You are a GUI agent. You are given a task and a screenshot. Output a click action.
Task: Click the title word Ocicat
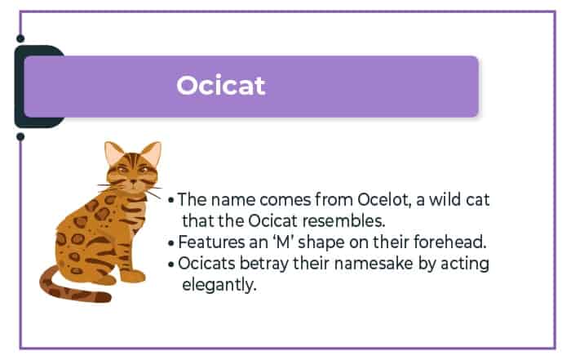[x=221, y=86]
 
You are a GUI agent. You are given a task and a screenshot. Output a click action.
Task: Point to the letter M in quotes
[x=283, y=242]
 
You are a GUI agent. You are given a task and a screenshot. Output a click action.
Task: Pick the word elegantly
[x=219, y=285]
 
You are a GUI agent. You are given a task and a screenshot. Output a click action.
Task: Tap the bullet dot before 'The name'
[x=171, y=200]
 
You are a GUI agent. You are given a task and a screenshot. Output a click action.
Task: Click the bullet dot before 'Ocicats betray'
[x=171, y=264]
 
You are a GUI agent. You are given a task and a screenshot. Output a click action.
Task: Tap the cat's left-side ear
[x=113, y=153]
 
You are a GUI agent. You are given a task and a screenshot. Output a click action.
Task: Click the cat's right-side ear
[x=152, y=152]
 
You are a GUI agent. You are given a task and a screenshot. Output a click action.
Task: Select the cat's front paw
[x=132, y=276]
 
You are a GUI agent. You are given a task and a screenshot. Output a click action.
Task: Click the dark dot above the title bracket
[x=20, y=38]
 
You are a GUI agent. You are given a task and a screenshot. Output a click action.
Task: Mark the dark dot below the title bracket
[x=20, y=136]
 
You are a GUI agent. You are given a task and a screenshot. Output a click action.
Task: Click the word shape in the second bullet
[x=321, y=242]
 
